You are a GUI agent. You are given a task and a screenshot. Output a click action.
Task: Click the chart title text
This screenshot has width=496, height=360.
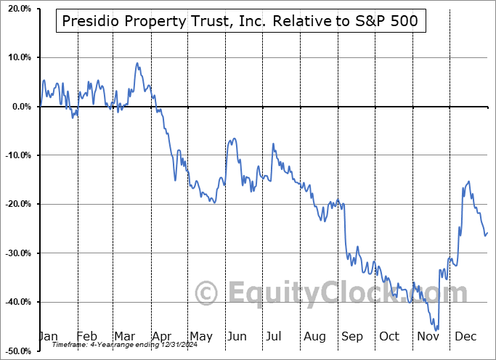(240, 21)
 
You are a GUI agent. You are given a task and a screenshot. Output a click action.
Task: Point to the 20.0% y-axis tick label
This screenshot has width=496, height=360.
(17, 8)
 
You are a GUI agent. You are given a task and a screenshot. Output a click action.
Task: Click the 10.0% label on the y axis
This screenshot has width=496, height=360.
(17, 57)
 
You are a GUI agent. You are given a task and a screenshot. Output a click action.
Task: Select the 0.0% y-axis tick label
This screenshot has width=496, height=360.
(20, 107)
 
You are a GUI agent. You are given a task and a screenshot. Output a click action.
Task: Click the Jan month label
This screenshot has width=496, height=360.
(48, 336)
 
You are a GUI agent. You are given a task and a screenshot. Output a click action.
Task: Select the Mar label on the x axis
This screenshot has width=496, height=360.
(125, 336)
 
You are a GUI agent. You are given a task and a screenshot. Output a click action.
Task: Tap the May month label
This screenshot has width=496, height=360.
(201, 336)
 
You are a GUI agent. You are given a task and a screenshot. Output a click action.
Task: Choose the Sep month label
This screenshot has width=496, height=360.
(351, 336)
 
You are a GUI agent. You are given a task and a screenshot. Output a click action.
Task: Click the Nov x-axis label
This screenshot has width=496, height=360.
(428, 336)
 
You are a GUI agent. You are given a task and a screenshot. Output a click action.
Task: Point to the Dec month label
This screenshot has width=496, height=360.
(465, 336)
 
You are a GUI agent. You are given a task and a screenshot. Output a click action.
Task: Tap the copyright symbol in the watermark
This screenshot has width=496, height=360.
(207, 294)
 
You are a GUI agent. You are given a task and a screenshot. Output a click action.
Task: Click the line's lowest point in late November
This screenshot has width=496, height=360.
(436, 330)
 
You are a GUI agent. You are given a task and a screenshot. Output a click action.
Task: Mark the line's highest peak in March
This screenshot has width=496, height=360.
(137, 63)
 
